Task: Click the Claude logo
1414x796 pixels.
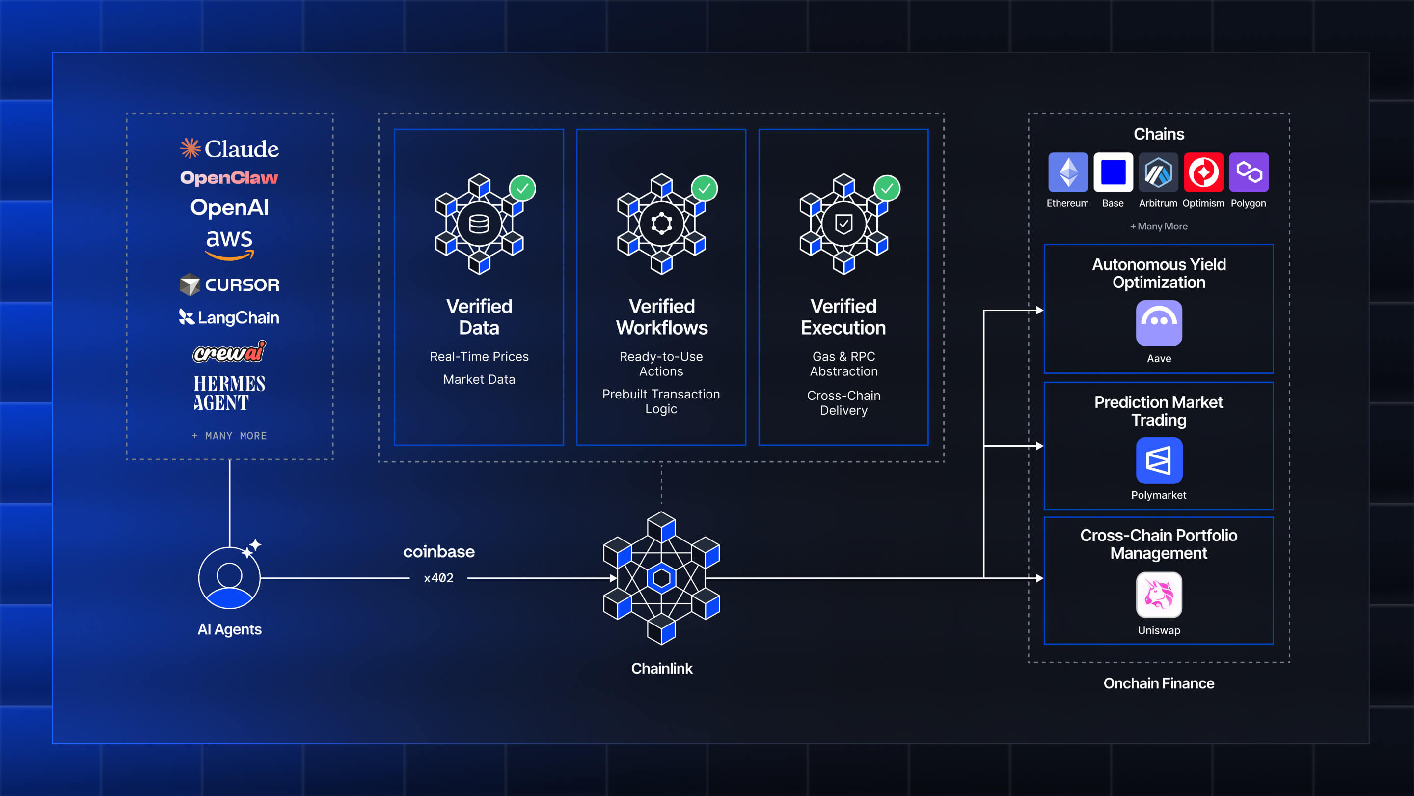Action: (x=229, y=148)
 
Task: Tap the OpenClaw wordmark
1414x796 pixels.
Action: (x=229, y=178)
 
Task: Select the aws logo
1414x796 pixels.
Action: (x=229, y=244)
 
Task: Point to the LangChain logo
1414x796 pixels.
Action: (x=229, y=317)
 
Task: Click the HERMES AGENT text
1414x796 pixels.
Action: (x=229, y=393)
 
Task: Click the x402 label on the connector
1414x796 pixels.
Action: (x=438, y=578)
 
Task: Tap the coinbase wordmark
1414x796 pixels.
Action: (x=438, y=551)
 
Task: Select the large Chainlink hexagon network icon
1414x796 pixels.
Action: (x=661, y=578)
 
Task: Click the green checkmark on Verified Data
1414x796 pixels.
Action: (x=522, y=188)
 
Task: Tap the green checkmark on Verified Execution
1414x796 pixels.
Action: (x=887, y=188)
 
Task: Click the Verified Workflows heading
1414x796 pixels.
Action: (x=661, y=317)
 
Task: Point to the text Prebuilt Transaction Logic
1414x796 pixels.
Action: (x=661, y=401)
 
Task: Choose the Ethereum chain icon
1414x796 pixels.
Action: (x=1068, y=172)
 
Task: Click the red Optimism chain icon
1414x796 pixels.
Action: (x=1204, y=172)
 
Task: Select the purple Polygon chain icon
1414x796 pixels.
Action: (x=1249, y=172)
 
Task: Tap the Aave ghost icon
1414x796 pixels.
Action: (x=1159, y=323)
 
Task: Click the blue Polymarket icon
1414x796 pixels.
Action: (x=1159, y=460)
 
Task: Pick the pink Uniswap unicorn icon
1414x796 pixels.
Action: (x=1159, y=595)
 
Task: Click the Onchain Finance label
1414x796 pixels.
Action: (x=1159, y=683)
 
